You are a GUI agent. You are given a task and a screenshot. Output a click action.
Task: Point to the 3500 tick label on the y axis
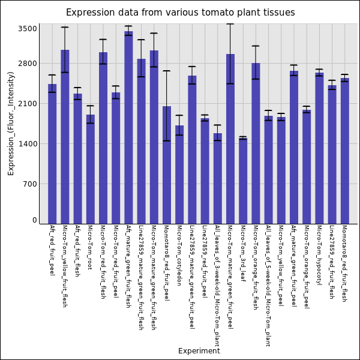[28, 29]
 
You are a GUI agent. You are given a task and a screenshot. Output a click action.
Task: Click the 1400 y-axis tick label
[28, 144]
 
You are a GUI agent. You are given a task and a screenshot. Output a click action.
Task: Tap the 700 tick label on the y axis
[30, 184]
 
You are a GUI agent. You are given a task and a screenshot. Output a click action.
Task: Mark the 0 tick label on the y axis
[35, 220]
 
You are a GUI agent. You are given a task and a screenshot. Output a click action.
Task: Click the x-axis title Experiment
[199, 351]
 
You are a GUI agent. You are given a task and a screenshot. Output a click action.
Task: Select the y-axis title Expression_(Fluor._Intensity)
[11, 123]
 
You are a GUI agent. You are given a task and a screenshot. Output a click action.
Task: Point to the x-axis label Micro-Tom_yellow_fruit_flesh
[65, 266]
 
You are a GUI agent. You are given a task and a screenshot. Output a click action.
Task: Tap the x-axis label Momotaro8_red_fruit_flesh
[344, 263]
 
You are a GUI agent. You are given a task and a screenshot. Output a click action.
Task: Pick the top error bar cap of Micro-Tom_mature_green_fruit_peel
[230, 24]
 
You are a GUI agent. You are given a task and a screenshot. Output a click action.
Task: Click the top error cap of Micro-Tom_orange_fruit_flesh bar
[256, 46]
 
